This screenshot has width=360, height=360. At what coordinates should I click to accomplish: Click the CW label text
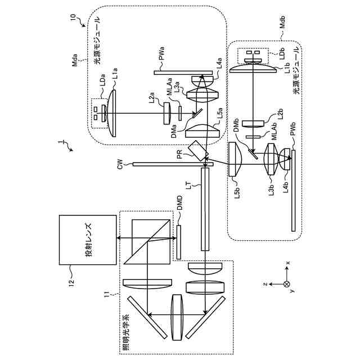[x=119, y=165]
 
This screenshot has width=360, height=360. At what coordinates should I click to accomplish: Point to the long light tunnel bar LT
[x=205, y=208]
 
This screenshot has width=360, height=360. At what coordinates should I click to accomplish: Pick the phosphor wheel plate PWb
[x=293, y=191]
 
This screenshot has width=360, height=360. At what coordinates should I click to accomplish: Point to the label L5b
[x=237, y=193]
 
